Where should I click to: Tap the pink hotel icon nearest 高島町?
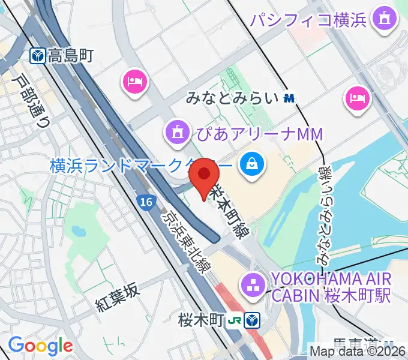[x=135, y=80]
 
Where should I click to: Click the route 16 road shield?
[x=143, y=203]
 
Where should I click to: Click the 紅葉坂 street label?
[x=118, y=298]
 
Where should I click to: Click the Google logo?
[x=40, y=346]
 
